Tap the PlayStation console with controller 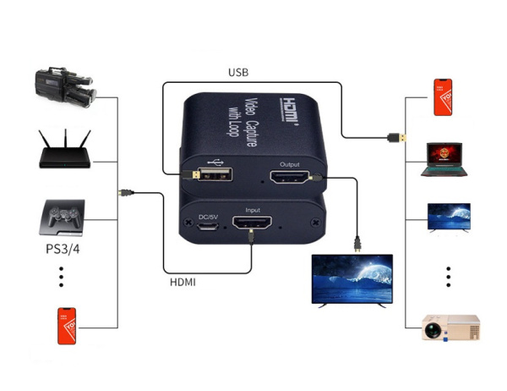click(x=62, y=218)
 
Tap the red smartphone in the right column click(x=444, y=96)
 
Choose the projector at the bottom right click(x=450, y=327)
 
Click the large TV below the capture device click(x=353, y=279)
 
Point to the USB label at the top click(x=239, y=73)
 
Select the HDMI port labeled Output click(x=289, y=178)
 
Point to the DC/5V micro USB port click(x=207, y=228)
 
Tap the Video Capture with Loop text click(x=255, y=122)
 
